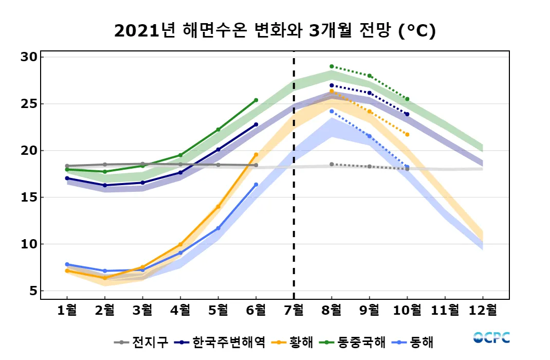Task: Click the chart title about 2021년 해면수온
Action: pyautogui.click(x=274, y=31)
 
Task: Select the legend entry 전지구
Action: pyautogui.click(x=147, y=342)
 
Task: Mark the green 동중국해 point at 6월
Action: pyautogui.click(x=256, y=100)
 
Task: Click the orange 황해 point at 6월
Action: pyautogui.click(x=256, y=155)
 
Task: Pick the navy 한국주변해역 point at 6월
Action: pyautogui.click(x=256, y=124)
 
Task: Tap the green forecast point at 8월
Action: pyautogui.click(x=332, y=66)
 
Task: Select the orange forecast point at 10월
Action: pyautogui.click(x=407, y=134)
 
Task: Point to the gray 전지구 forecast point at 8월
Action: pyautogui.click(x=332, y=164)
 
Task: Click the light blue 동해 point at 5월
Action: pyautogui.click(x=218, y=228)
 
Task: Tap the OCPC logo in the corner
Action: pyautogui.click(x=491, y=338)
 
